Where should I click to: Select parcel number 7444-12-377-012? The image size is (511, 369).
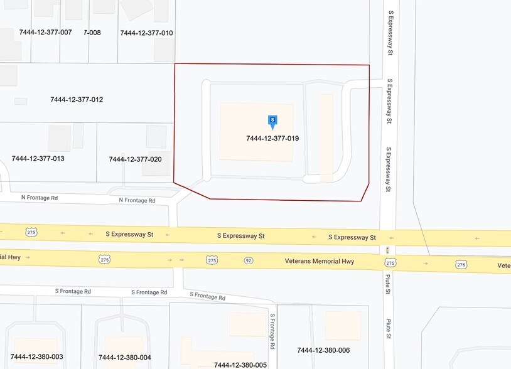[77, 100]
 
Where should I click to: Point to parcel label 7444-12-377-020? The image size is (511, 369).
[135, 159]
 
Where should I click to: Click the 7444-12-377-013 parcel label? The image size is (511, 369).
[38, 159]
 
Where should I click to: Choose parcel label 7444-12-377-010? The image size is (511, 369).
[146, 33]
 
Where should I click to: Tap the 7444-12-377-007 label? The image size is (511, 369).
[45, 32]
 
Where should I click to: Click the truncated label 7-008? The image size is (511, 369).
[92, 33]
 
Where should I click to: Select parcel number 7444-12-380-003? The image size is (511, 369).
[37, 357]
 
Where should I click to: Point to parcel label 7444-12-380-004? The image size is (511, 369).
[125, 358]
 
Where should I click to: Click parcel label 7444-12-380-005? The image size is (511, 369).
[240, 365]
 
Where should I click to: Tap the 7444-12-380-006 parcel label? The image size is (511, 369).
[323, 350]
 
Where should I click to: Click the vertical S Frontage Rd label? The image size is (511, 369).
[273, 332]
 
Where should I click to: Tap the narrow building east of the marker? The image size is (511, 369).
[326, 137]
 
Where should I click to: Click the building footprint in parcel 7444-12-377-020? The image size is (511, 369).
[154, 136]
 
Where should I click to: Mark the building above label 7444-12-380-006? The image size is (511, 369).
[343, 325]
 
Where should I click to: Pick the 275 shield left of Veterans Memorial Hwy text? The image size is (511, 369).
[212, 260]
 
